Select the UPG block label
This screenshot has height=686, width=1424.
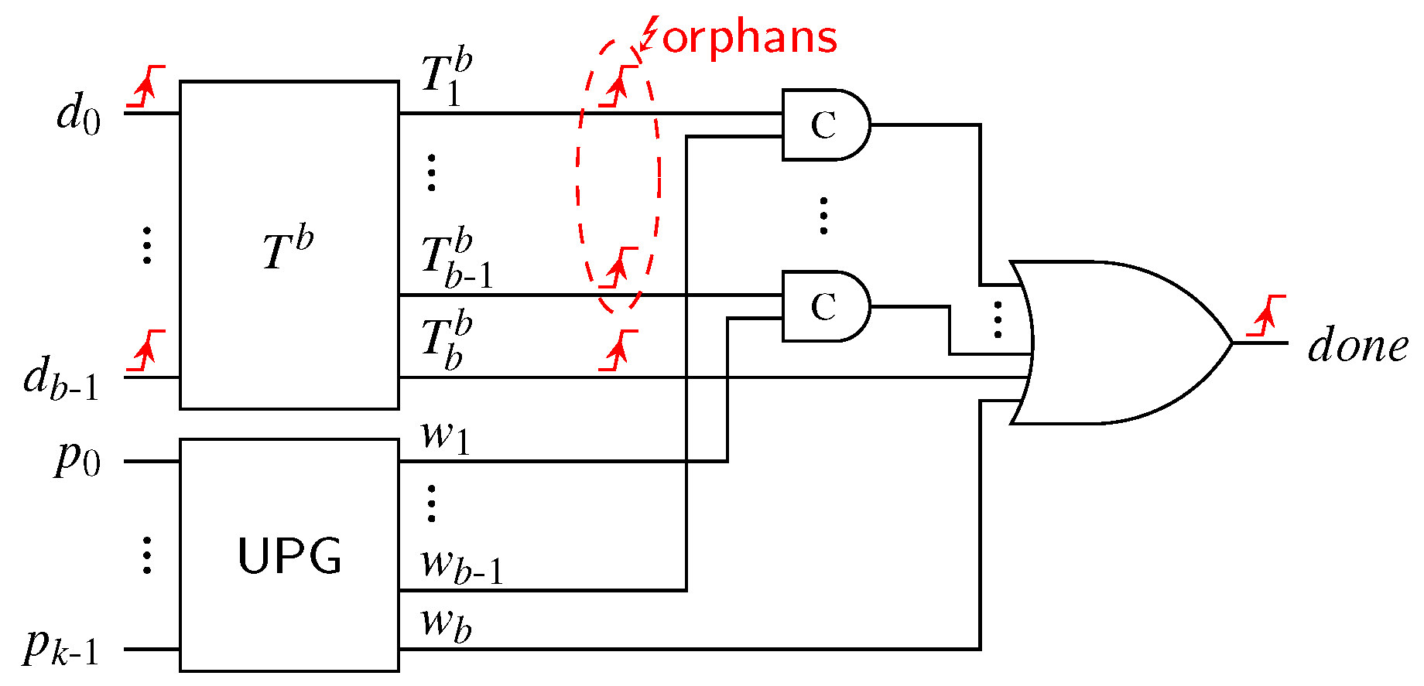click(289, 555)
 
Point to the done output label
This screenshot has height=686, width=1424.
click(1357, 345)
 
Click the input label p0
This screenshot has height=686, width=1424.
click(77, 459)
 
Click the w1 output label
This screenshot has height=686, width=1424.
click(445, 435)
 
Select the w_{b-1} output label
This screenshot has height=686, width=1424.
click(461, 565)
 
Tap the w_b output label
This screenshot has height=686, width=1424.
click(446, 623)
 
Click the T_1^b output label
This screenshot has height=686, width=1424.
click(447, 77)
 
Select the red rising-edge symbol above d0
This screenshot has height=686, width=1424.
click(146, 86)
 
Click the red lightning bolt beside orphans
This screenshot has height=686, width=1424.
click(649, 34)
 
